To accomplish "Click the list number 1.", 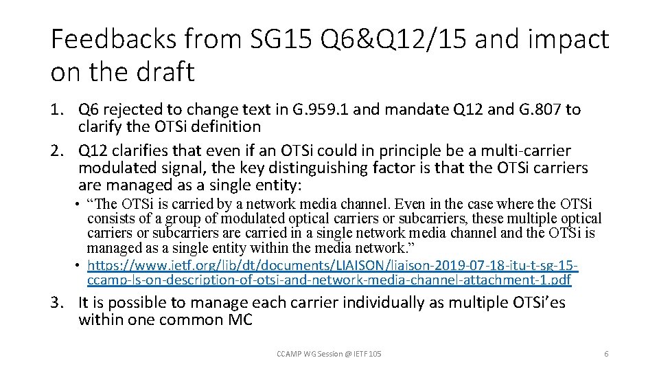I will (57, 109).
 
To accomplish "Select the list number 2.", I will (57, 151).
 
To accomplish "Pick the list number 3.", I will (57, 303).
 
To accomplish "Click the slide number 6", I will (606, 353).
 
